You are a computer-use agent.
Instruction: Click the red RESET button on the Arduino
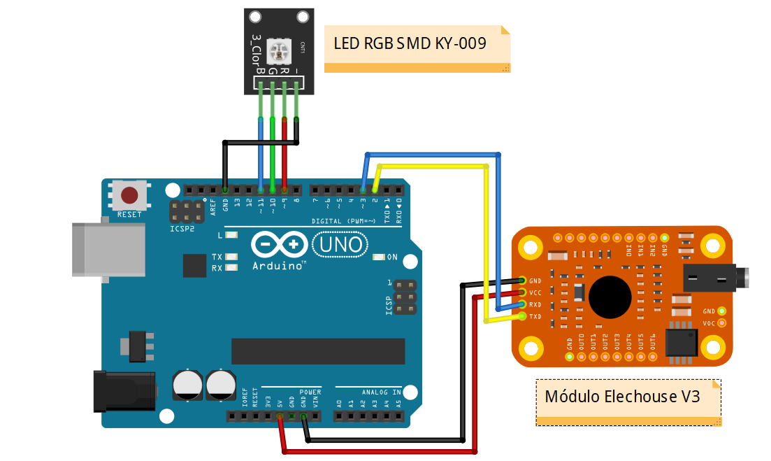[x=129, y=195]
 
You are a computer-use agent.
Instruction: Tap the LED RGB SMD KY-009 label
[x=410, y=43]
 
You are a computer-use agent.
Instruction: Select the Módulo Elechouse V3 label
[x=622, y=396]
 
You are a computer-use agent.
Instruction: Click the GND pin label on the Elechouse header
[x=535, y=281]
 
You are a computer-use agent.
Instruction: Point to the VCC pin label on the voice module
[x=535, y=292]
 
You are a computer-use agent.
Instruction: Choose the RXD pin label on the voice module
[x=535, y=304]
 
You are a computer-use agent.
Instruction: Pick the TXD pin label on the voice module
[x=535, y=316]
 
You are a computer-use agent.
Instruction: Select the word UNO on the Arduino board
[x=340, y=244]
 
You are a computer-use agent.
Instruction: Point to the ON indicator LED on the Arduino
[x=380, y=257]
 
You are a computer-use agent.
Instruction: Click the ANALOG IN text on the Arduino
[x=381, y=392]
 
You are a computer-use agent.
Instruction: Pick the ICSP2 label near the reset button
[x=181, y=229]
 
